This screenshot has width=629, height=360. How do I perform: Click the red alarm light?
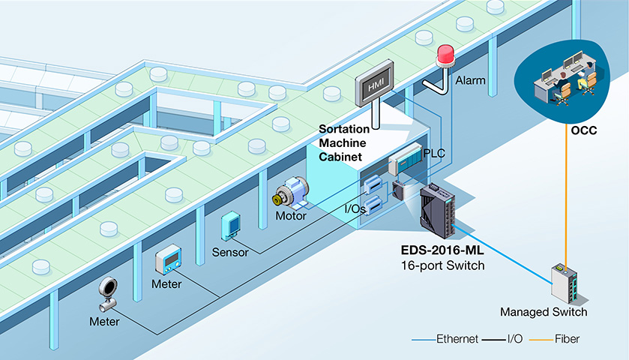445,55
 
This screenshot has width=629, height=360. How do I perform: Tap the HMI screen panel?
375,83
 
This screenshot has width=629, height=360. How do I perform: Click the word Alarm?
470,81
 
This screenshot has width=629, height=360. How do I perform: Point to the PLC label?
434,153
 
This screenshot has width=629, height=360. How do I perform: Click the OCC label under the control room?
584,130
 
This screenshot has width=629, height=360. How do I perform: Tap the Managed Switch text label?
544,312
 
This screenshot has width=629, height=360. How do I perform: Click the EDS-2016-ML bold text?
442,250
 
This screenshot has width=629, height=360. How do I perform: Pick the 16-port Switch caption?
442,265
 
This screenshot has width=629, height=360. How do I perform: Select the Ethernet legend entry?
445,339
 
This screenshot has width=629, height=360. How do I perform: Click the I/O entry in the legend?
502,339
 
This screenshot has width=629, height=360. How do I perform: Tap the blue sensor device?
230,226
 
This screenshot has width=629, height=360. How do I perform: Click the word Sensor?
230,253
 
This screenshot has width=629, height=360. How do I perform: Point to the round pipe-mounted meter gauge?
108,294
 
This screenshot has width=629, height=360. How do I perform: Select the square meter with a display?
169,259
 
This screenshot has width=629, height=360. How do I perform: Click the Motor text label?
291,216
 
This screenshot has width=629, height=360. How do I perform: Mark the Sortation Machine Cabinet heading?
344,143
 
